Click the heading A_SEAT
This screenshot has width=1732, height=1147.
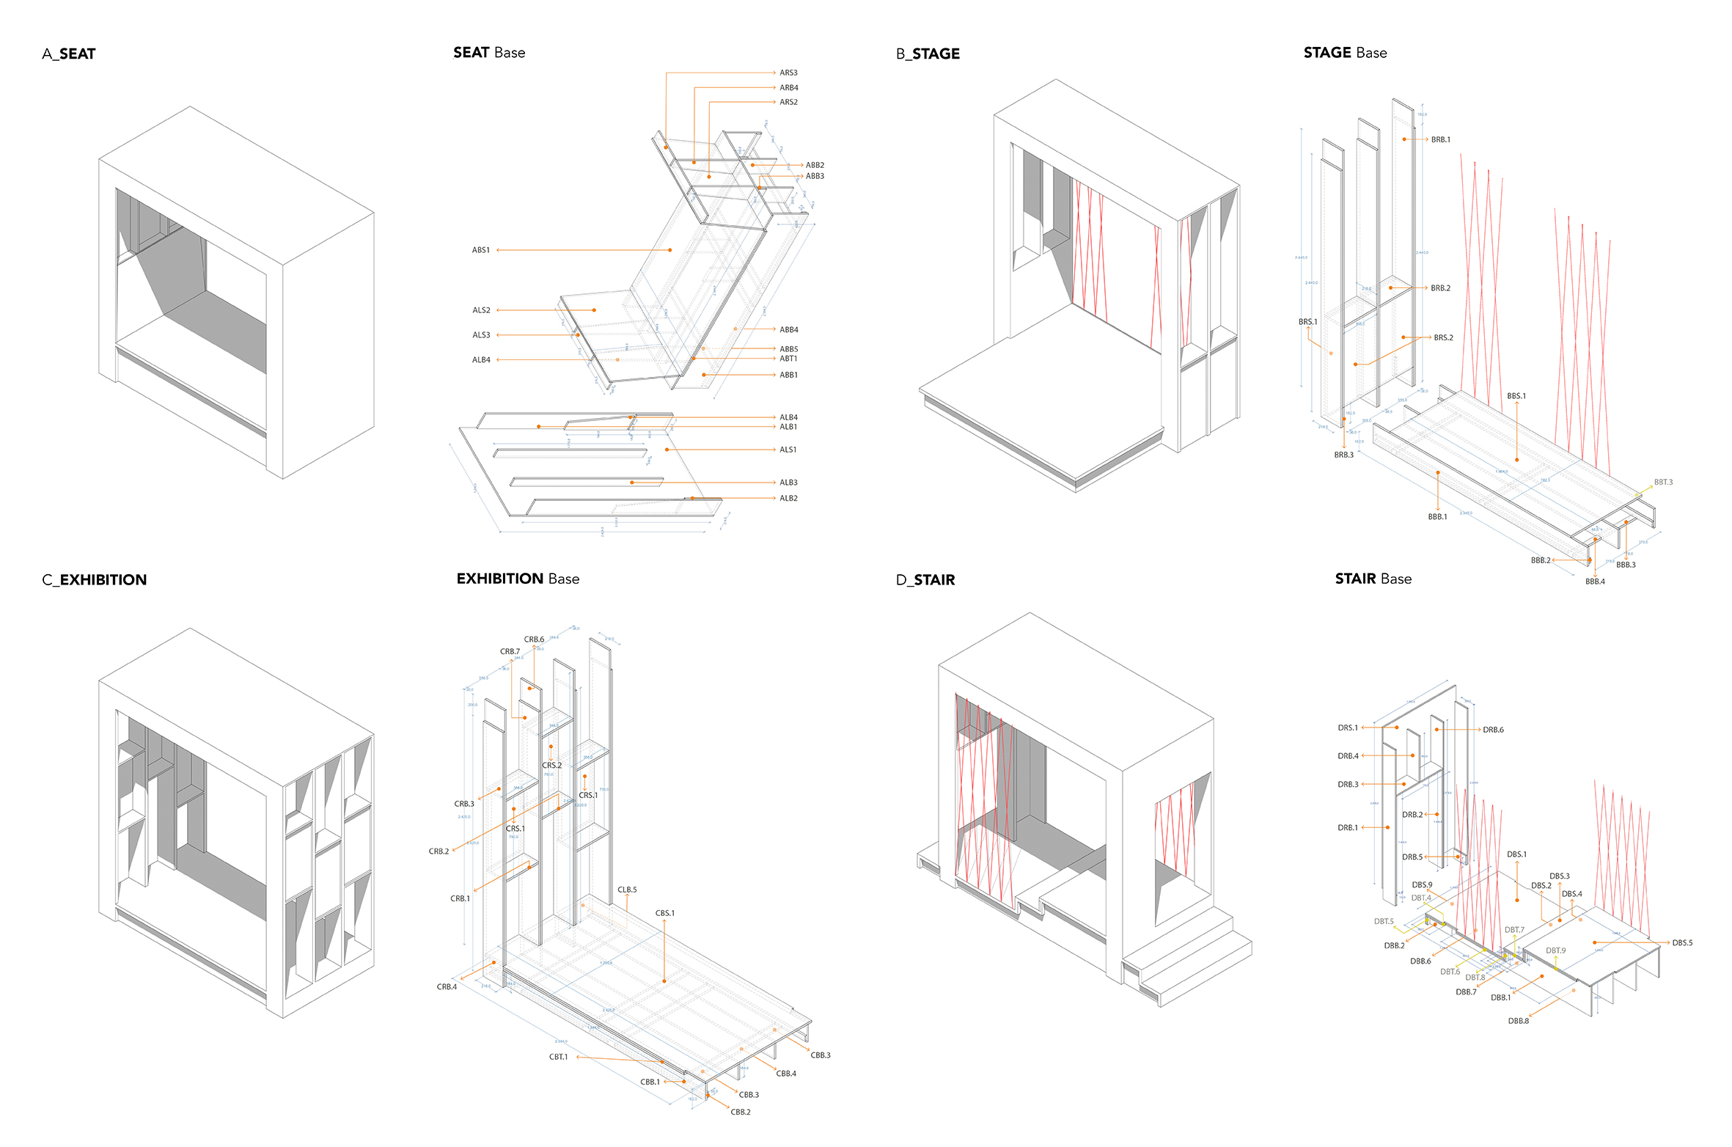click(69, 54)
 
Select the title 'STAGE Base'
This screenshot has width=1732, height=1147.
click(1345, 53)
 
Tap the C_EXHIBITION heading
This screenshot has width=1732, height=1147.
click(95, 579)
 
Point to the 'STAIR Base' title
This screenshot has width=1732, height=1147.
click(1373, 579)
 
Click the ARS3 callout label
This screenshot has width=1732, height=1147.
click(788, 73)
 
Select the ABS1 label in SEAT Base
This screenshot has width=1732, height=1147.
click(481, 250)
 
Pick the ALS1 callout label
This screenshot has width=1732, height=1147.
click(788, 450)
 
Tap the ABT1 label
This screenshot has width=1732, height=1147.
click(788, 359)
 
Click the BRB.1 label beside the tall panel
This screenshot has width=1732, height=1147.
click(1440, 139)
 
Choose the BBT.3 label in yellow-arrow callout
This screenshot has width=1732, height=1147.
click(1663, 482)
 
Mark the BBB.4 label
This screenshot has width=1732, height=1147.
click(1595, 582)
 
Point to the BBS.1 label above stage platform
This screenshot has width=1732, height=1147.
click(1516, 396)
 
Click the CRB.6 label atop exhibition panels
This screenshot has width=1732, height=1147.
click(534, 640)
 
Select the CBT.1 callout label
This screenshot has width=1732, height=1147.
click(559, 1057)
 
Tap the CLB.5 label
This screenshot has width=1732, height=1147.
click(627, 890)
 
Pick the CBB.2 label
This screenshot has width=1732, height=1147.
click(741, 1112)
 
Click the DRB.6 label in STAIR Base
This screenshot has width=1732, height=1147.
click(1493, 730)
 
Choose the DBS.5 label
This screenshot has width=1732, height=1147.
click(1682, 942)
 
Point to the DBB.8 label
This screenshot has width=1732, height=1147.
click(1519, 1021)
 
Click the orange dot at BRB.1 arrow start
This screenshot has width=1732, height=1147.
click(1404, 139)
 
